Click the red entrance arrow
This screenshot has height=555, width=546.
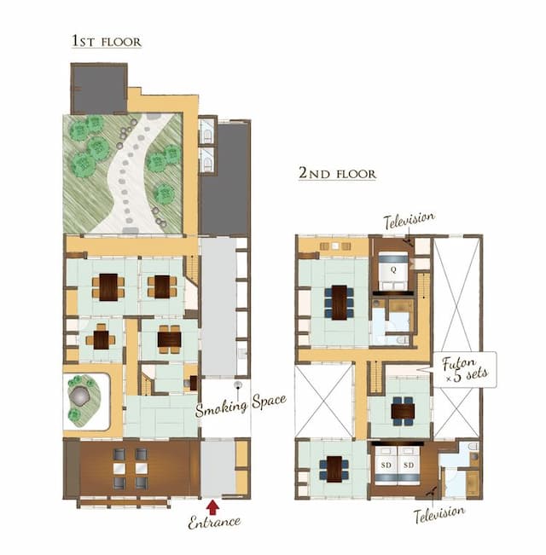pyautogui.click(x=212, y=507)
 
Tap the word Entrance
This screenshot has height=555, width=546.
pyautogui.click(x=214, y=522)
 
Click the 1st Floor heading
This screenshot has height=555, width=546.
pyautogui.click(x=107, y=41)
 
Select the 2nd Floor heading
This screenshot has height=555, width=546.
pyautogui.click(x=337, y=173)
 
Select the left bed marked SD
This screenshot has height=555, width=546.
pyautogui.click(x=386, y=467)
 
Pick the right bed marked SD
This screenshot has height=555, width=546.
pyautogui.click(x=409, y=467)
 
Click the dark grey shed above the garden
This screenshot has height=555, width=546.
pyautogui.click(x=98, y=88)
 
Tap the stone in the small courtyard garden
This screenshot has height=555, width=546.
pyautogui.click(x=84, y=395)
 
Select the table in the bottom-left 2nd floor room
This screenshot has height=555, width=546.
pyautogui.click(x=334, y=467)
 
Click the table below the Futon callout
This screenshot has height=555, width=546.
pyautogui.click(x=401, y=411)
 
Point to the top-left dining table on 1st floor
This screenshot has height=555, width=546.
pyautogui.click(x=108, y=287)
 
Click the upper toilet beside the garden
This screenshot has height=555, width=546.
pyautogui.click(x=207, y=130)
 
